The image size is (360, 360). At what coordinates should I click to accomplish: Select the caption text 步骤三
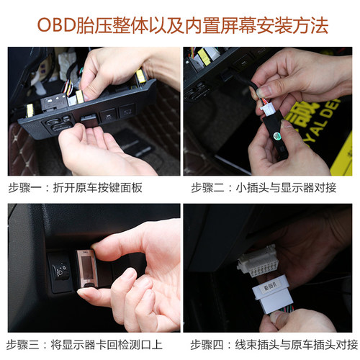pyautogui.click(x=24, y=343)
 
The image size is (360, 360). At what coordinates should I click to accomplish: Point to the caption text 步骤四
pyautogui.click(x=207, y=343)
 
